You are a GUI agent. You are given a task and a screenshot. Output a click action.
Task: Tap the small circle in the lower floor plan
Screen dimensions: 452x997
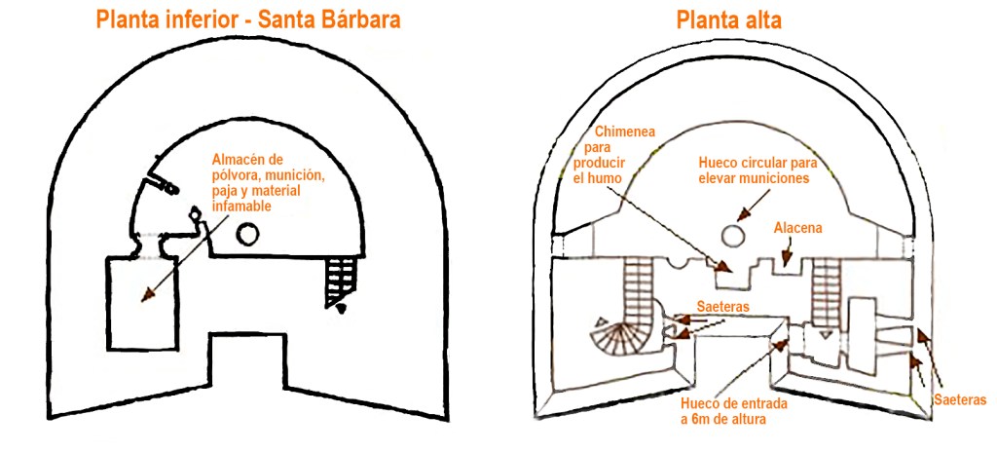[248, 233]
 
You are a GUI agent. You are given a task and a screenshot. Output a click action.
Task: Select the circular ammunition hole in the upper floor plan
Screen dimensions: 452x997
[730, 234]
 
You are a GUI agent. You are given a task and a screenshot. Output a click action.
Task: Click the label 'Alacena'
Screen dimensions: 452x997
[797, 228]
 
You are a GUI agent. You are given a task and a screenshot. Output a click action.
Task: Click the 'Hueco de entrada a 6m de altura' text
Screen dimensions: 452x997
[736, 411]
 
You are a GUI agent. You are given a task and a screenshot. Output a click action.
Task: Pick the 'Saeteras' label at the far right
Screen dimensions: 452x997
[959, 399]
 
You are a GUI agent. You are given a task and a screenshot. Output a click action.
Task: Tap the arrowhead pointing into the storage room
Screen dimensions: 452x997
[147, 292]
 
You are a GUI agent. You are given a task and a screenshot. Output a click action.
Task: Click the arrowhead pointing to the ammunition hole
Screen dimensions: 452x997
[744, 212]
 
